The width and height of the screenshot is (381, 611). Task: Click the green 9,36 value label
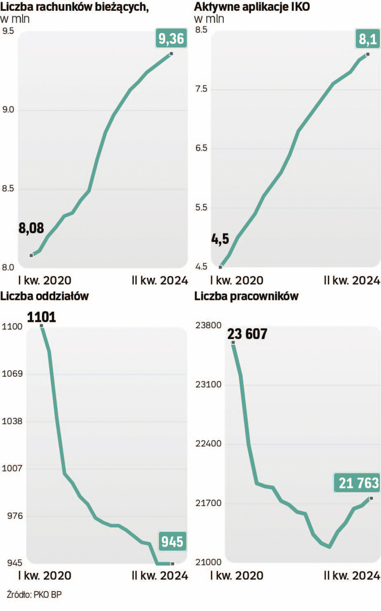[170, 39]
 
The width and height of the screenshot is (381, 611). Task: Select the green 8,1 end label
[366, 39]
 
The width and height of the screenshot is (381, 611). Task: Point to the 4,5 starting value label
[220, 239]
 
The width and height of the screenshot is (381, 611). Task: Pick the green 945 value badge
[172, 541]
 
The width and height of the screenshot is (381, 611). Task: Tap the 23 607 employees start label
[248, 334]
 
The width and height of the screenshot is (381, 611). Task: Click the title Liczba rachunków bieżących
[77, 7]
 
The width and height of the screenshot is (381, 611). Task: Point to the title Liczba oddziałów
[45, 296]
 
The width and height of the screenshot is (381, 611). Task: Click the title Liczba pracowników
[246, 296]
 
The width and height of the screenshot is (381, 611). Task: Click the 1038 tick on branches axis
[11, 421]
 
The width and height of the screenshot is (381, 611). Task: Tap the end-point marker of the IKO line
[368, 54]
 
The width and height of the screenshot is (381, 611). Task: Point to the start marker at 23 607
[233, 343]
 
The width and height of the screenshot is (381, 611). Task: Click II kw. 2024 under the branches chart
[159, 576]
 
